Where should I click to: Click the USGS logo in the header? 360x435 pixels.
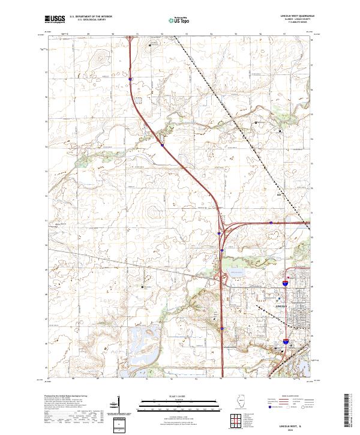55,20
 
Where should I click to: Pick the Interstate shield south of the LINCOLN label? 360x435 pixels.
286,341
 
